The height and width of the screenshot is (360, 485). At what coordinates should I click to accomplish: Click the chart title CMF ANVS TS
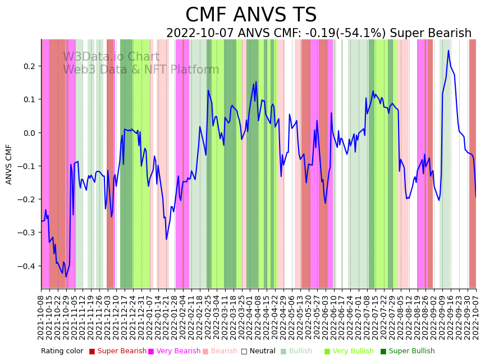click(x=251, y=15)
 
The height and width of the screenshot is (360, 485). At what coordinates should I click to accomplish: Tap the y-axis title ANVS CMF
click(x=9, y=164)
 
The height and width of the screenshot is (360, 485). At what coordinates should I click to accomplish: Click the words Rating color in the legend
click(x=62, y=352)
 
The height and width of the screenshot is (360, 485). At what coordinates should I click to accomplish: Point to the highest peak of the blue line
click(x=449, y=51)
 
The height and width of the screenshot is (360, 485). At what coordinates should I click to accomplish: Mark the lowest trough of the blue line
click(x=66, y=277)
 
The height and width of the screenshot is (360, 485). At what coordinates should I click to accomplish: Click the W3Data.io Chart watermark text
click(x=111, y=57)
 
